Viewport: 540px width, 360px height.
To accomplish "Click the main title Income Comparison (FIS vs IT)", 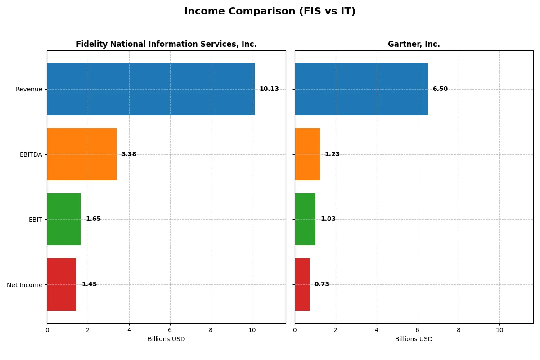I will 270,12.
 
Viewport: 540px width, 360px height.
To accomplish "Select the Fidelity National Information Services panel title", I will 166,45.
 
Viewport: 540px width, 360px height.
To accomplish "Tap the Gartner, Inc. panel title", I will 414,45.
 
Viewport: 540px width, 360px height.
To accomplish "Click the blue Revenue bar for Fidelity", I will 151,89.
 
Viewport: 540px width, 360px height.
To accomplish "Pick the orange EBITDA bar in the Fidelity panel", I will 81,154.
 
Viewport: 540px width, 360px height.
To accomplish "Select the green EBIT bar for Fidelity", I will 64,219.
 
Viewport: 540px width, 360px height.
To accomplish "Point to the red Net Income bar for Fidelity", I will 62,284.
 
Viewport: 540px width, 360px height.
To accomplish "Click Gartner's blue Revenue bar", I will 361,89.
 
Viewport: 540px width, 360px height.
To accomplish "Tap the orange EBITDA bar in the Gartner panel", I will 307,154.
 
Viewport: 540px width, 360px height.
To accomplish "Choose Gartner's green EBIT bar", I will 305,219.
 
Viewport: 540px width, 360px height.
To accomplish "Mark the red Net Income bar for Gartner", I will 302,284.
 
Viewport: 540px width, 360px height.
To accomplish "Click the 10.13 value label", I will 269,89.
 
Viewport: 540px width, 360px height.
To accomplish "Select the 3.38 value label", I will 129,154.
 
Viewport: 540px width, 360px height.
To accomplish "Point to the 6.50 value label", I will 440,89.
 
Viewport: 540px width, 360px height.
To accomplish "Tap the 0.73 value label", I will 322,284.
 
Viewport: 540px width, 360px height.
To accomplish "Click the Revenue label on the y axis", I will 29,89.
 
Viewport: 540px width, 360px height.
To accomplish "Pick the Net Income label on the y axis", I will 25,285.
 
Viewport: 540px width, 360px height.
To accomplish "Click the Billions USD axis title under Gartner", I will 414,339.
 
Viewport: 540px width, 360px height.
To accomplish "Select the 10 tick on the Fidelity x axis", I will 252,330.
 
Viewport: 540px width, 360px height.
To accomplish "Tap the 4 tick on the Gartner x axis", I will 377,330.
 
